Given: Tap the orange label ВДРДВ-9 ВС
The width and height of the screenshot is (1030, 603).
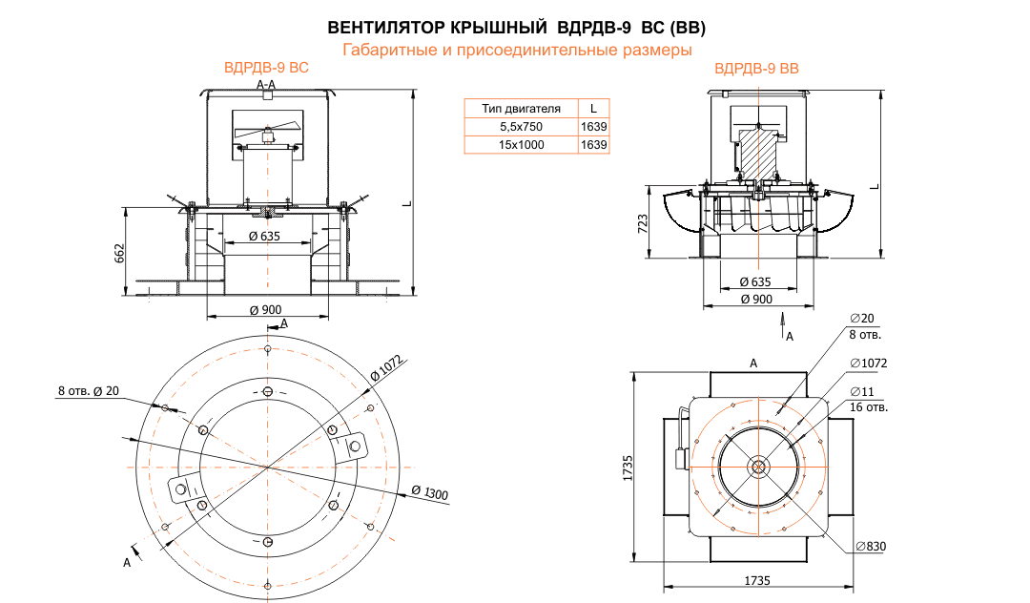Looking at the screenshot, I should tap(266, 69).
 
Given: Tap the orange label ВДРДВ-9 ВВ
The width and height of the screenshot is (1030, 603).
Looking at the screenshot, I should tap(756, 69).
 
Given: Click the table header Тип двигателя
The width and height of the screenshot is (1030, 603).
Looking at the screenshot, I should tap(520, 108).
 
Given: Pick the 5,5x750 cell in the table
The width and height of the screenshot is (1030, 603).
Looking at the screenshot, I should tap(520, 126).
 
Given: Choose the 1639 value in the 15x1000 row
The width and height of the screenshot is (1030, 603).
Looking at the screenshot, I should tap(593, 145).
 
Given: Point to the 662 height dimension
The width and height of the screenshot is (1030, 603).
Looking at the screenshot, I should tap(121, 255).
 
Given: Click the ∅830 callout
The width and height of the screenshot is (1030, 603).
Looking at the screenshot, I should tap(871, 546).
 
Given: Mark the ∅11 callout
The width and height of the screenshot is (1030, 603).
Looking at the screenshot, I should tap(862, 392).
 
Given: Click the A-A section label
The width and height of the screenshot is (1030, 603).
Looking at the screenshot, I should tap(267, 86).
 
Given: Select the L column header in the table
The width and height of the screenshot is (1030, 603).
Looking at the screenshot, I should tap(593, 108).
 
